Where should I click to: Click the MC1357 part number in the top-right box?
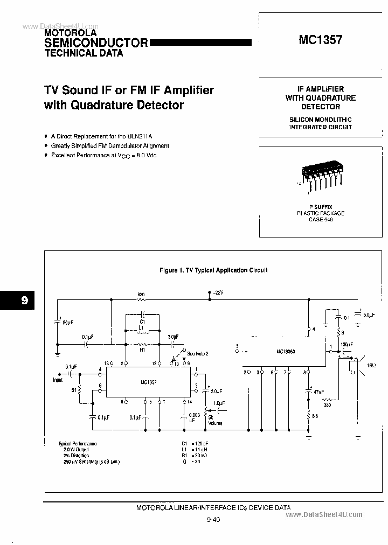coord(320,39)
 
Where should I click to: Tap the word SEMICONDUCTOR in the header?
coord(95,43)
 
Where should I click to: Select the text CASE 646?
coord(321,220)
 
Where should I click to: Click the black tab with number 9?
coord(17,301)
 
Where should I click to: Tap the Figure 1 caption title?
coord(213,270)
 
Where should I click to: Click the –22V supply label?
coord(217,292)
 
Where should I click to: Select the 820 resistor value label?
coord(141,295)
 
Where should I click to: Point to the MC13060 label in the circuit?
coord(286,351)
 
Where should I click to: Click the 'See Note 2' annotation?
coord(198,353)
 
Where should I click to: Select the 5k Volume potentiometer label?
coord(215,420)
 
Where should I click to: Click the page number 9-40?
coord(213,520)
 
